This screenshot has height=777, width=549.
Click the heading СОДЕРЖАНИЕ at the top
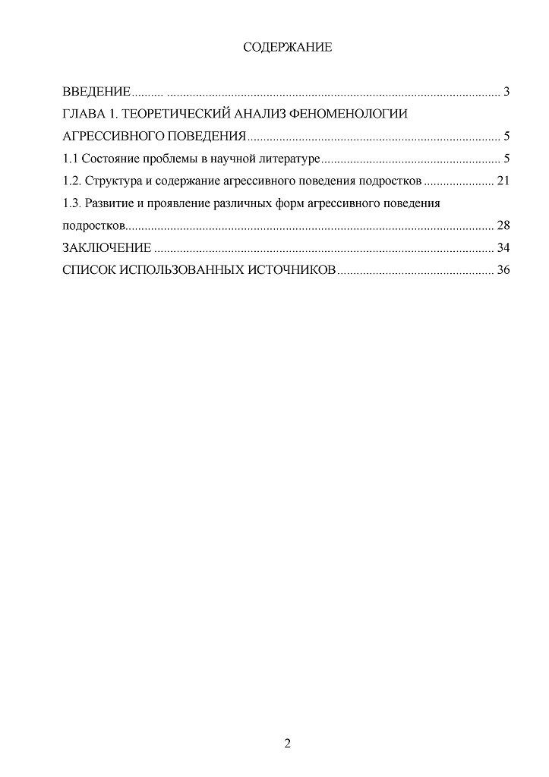(287, 48)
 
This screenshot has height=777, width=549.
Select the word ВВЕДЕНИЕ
(96, 93)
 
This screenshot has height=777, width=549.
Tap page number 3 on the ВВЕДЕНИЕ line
(505, 93)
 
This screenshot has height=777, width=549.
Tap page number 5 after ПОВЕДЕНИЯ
(505, 137)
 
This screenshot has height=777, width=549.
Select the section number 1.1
(69, 159)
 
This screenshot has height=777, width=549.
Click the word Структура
(113, 181)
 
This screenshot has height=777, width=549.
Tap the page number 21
(502, 181)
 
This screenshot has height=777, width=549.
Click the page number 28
(502, 225)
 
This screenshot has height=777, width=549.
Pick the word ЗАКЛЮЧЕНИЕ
(107, 247)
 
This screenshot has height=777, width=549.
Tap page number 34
(502, 247)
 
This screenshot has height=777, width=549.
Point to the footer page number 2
(287, 742)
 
